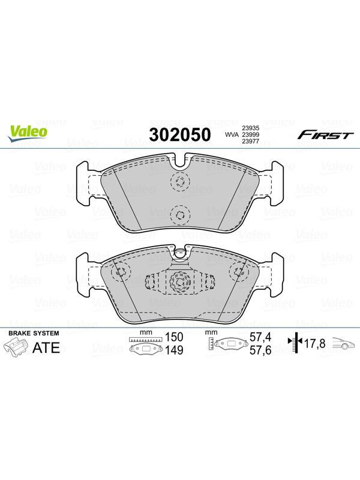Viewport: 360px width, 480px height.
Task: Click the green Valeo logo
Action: pyautogui.click(x=28, y=133)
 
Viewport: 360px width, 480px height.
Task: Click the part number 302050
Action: pyautogui.click(x=180, y=134)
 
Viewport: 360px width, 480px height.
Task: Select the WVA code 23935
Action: pyautogui.click(x=251, y=128)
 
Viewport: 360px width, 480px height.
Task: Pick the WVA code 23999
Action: pyautogui.click(x=251, y=134)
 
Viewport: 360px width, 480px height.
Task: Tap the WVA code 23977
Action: pyautogui.click(x=251, y=141)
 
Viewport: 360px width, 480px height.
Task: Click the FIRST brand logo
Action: pyautogui.click(x=325, y=134)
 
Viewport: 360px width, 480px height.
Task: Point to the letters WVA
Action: pyautogui.click(x=232, y=134)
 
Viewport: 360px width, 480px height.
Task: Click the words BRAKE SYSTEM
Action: pyautogui.click(x=34, y=334)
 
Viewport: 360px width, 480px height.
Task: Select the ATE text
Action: pyautogui.click(x=46, y=347)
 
